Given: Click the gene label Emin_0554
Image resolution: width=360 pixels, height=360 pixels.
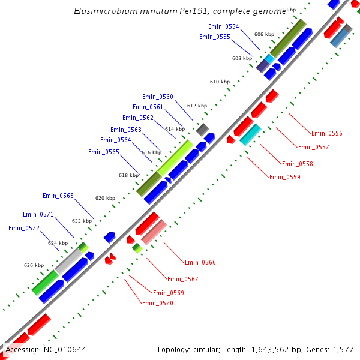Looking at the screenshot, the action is pyautogui.click(x=223, y=27).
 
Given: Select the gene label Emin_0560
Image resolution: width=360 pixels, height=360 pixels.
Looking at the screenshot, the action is pyautogui.click(x=157, y=97).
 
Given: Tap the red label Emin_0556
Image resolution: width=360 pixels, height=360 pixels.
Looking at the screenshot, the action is pyautogui.click(x=326, y=133).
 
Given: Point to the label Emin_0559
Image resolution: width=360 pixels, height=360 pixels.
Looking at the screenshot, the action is pyautogui.click(x=284, y=177).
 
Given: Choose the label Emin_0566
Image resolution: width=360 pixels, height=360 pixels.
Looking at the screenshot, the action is pyautogui.click(x=200, y=262).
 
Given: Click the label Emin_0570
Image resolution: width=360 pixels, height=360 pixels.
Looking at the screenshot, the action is pyautogui.click(x=157, y=303).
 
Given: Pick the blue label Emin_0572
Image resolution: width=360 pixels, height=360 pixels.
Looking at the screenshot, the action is pyautogui.click(x=23, y=228).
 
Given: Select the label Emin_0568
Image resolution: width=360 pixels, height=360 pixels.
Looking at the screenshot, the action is pyautogui.click(x=58, y=196).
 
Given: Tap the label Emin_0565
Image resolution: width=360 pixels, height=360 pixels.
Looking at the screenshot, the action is pyautogui.click(x=103, y=152).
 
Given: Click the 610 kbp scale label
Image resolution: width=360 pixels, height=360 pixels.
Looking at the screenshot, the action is pyautogui.click(x=220, y=82).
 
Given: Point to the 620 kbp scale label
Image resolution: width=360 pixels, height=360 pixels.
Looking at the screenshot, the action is pyautogui.click(x=105, y=198).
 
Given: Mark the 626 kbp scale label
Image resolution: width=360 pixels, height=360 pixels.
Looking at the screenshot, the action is pyautogui.click(x=34, y=265).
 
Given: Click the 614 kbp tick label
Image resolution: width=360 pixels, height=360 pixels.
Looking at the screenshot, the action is pyautogui.click(x=175, y=129).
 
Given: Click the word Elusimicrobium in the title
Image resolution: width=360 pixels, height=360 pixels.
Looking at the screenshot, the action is pyautogui.click(x=101, y=11).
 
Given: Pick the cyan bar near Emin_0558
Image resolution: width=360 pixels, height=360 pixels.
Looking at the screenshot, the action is pyautogui.click(x=250, y=134).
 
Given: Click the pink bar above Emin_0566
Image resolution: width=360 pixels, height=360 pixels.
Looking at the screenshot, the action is pyautogui.click(x=154, y=232).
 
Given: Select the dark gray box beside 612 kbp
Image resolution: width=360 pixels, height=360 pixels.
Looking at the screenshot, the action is pyautogui.click(x=203, y=130).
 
